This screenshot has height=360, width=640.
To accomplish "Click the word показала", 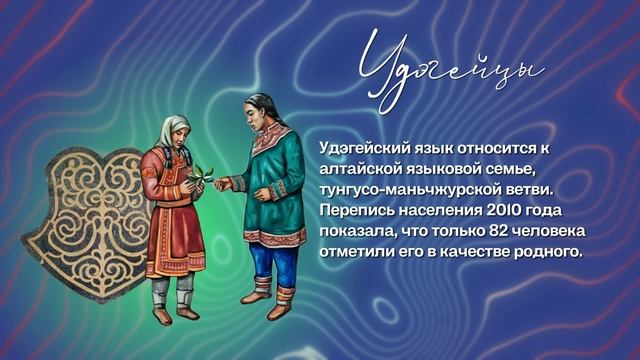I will tap(355, 232).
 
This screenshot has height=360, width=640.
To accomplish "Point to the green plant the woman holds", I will tap(204, 173).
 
